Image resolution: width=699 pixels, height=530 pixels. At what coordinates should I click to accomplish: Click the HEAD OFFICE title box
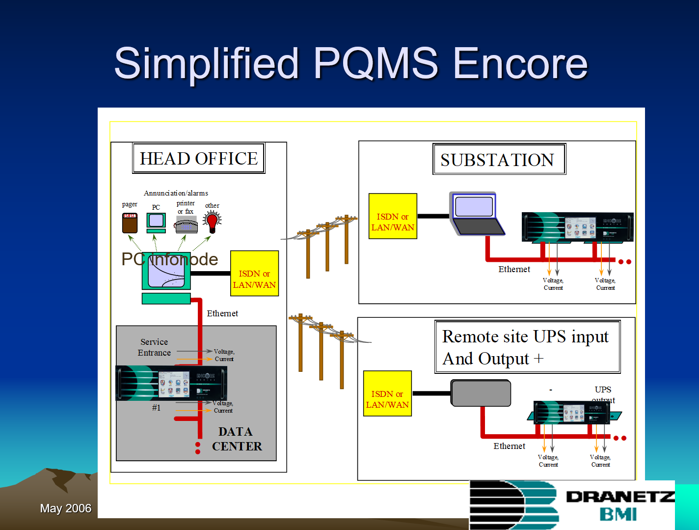199,158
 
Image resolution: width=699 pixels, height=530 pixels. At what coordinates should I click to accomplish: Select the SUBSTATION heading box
499,159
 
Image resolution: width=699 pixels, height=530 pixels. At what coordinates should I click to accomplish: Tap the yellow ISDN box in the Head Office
254,274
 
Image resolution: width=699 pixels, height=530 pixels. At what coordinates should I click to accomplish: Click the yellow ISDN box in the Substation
393,216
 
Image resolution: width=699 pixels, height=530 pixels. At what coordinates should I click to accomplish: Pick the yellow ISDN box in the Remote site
387,394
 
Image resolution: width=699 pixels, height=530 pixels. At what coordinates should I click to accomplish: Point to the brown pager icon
130,223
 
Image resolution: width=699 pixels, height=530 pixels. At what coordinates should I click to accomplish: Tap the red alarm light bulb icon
213,222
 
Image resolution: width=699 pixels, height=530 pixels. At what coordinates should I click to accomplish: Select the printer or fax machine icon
187,225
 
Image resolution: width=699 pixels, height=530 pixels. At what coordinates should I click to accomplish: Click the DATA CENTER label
237,439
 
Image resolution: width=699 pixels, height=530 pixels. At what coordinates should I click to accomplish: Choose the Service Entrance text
154,347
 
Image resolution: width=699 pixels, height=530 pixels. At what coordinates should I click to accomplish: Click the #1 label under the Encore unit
156,408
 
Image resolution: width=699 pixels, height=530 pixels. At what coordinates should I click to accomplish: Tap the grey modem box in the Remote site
481,393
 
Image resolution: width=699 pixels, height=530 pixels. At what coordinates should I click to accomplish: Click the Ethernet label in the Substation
514,269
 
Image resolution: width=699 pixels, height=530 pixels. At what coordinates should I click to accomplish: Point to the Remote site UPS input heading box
527,347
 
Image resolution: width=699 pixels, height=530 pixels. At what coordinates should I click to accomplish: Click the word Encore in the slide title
520,63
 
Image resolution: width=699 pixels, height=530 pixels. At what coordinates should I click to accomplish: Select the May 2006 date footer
66,508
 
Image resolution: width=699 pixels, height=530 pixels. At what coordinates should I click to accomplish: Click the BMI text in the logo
618,514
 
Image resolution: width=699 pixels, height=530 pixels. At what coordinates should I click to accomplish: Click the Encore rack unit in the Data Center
171,384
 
